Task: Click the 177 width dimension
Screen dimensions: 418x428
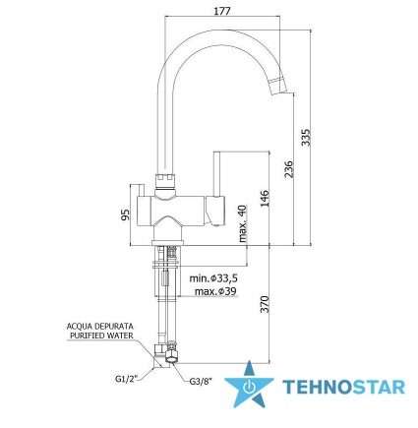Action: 222,11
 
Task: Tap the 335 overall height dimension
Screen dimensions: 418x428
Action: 306,138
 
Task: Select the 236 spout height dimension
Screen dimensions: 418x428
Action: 288,169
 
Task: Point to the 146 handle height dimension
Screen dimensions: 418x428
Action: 265,198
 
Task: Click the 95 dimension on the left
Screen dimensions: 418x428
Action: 125,214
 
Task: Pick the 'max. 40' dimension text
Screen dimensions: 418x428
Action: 242,223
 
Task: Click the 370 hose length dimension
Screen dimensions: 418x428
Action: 265,304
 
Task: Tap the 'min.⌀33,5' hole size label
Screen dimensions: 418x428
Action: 213,278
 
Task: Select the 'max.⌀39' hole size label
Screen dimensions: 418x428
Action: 215,291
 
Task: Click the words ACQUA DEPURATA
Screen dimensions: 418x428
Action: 100,327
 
